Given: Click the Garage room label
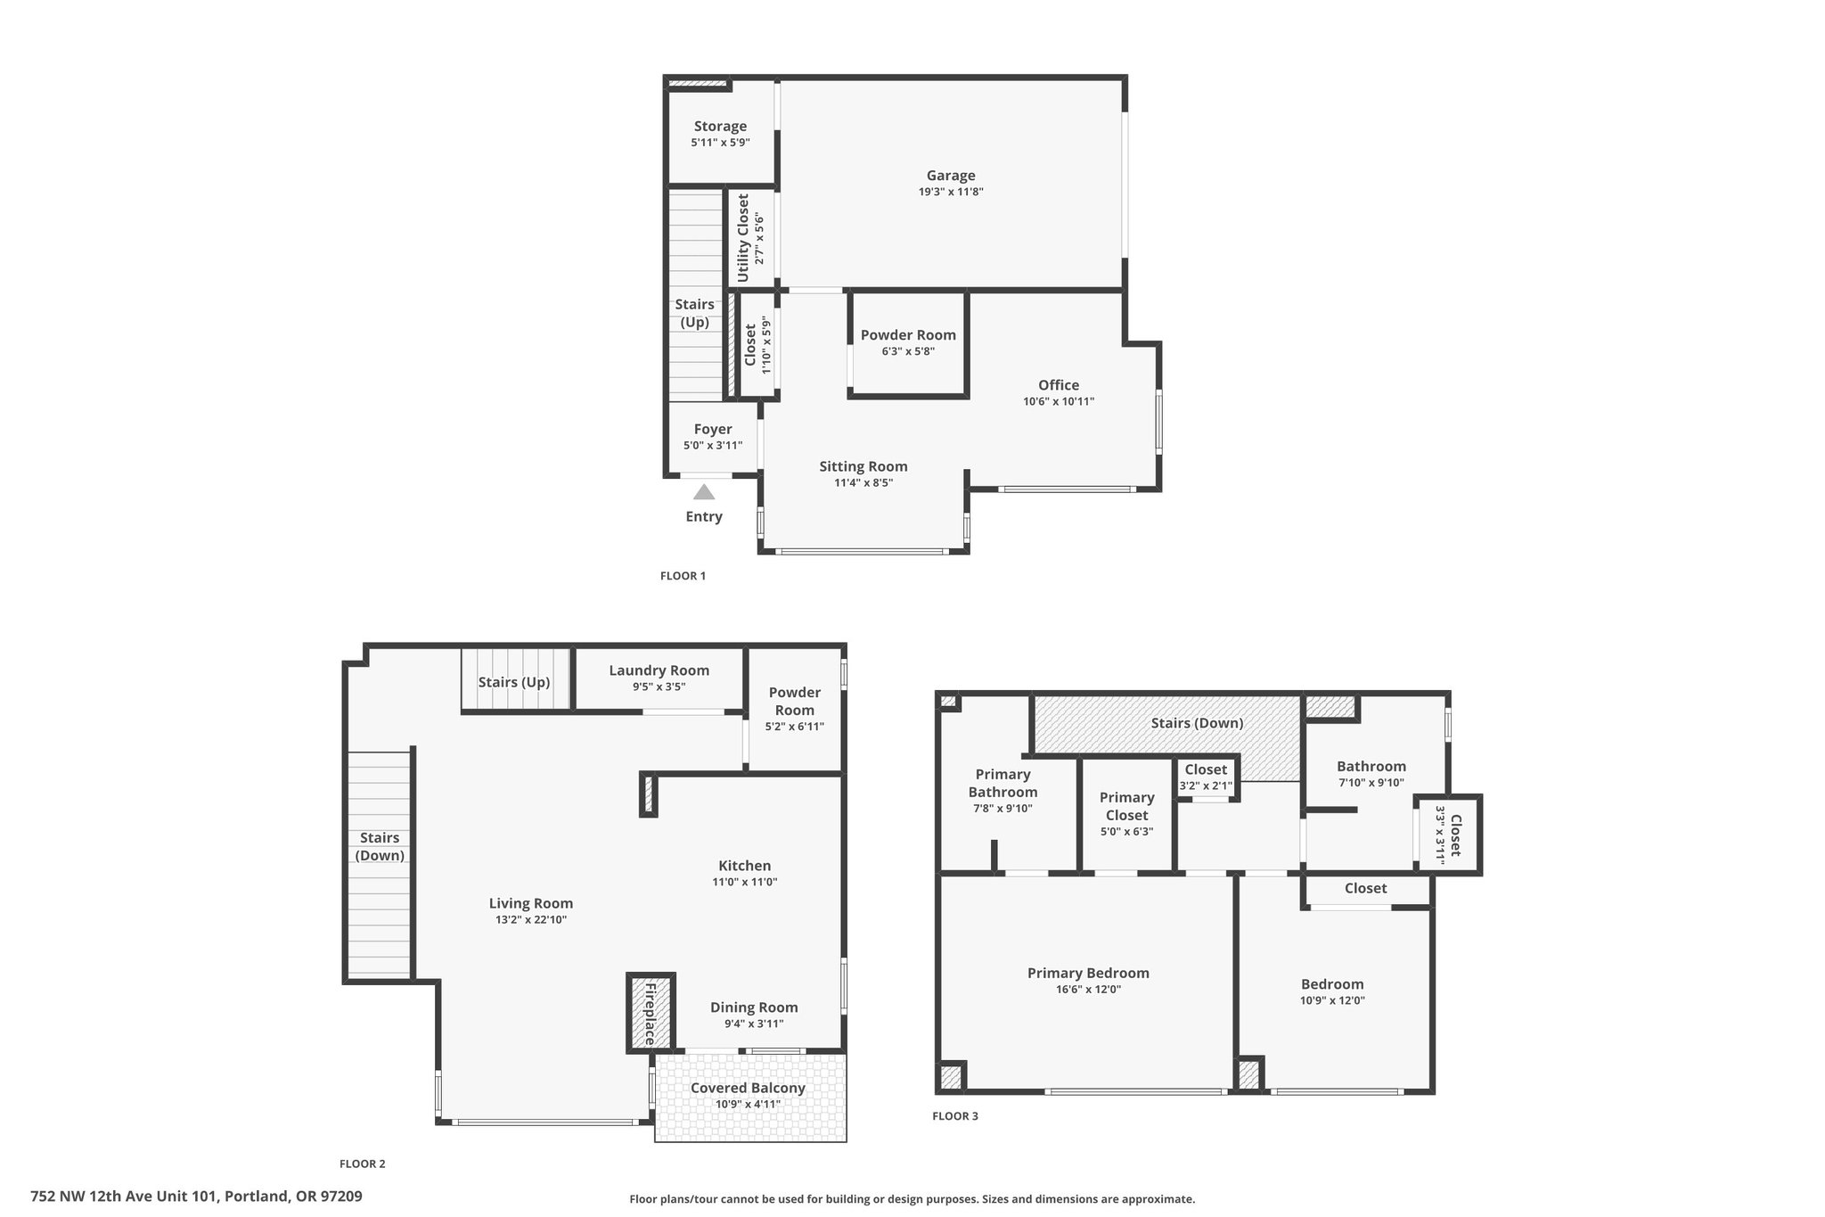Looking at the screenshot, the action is pyautogui.click(x=951, y=176).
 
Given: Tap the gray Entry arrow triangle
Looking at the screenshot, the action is pyautogui.click(x=704, y=492).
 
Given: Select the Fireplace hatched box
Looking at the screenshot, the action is pyautogui.click(x=651, y=1013).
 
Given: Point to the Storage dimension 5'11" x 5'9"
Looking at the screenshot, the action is pyautogui.click(x=720, y=143).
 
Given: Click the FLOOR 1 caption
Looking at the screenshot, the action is pyautogui.click(x=683, y=576).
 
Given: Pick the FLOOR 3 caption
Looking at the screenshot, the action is pyautogui.click(x=955, y=1116).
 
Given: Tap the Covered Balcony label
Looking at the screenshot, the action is pyautogui.click(x=748, y=1088).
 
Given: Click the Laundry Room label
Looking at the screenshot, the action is pyautogui.click(x=659, y=670).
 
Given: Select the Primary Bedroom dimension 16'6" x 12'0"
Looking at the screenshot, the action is pyautogui.click(x=1088, y=990).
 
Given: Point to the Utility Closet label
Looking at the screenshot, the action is pyautogui.click(x=743, y=238).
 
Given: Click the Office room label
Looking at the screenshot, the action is pyautogui.click(x=1059, y=385).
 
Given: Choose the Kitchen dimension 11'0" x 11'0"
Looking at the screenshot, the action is pyautogui.click(x=745, y=883).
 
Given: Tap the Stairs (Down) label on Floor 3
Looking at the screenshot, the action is pyautogui.click(x=1197, y=723).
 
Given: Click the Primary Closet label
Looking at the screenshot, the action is pyautogui.click(x=1126, y=806).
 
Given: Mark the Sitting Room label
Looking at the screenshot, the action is pyautogui.click(x=863, y=466).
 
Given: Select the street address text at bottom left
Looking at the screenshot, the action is pyautogui.click(x=196, y=1196).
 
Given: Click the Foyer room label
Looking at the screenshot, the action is pyautogui.click(x=713, y=430).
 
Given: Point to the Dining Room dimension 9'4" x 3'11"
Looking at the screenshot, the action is pyautogui.click(x=754, y=1024).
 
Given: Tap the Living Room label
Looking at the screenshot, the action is pyautogui.click(x=531, y=903).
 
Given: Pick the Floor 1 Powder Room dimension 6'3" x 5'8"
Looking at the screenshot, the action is pyautogui.click(x=908, y=351).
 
